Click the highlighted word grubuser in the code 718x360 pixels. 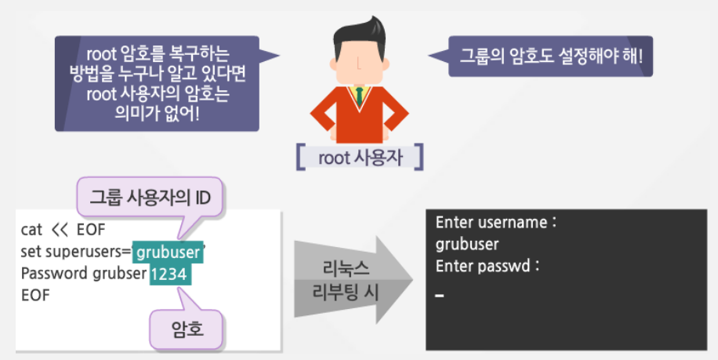point(168,253)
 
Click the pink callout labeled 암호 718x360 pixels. point(187,327)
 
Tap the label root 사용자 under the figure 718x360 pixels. point(360,156)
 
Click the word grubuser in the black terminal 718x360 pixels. point(466,243)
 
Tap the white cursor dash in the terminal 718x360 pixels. point(439,296)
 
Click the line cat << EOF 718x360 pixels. point(58,231)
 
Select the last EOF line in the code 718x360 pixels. point(36,296)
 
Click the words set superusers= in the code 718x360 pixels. point(76,253)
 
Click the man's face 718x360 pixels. point(359,59)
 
